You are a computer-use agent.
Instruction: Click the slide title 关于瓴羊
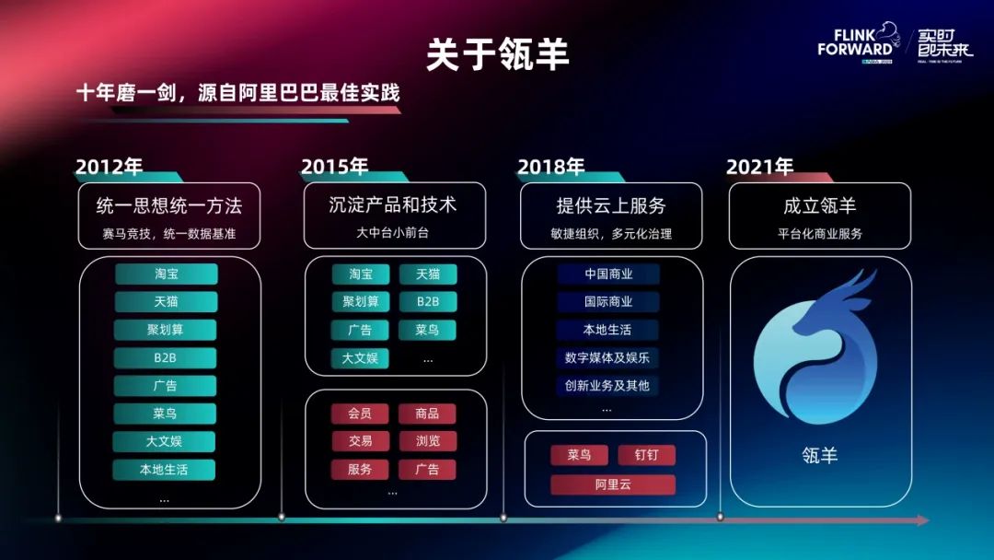(x=497, y=54)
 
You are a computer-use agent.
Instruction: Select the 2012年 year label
(x=109, y=167)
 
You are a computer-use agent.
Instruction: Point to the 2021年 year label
(x=759, y=167)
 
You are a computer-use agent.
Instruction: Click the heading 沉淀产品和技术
(x=393, y=204)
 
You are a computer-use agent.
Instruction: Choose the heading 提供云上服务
(x=610, y=204)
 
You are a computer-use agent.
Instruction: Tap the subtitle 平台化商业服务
(x=819, y=234)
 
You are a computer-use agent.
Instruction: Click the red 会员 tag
(x=360, y=414)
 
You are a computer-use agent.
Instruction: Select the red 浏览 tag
(x=427, y=441)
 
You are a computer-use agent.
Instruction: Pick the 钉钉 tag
(x=646, y=455)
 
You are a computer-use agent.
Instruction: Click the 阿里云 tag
(x=613, y=484)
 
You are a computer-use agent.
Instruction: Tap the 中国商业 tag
(x=608, y=274)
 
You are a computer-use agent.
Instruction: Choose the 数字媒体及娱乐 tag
(x=607, y=357)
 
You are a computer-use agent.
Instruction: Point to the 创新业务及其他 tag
(x=607, y=385)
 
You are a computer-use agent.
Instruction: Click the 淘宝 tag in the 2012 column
(x=167, y=274)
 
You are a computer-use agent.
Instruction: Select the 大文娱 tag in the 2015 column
(x=360, y=357)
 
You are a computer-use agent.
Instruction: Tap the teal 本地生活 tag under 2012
(x=164, y=469)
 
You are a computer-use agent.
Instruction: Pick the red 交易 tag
(x=360, y=441)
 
